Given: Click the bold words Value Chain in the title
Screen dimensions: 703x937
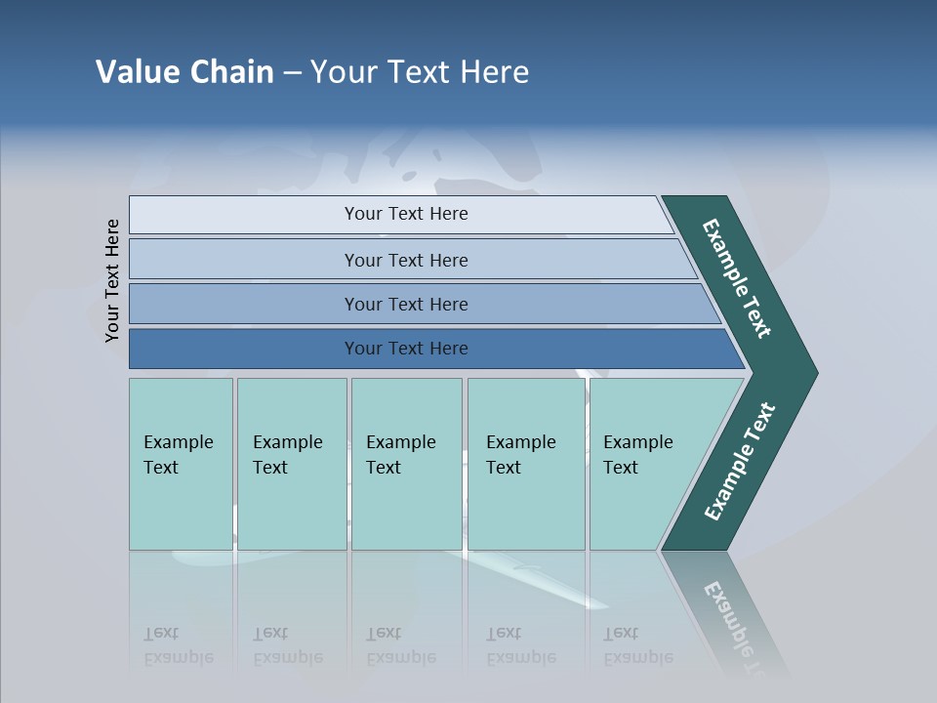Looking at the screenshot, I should click(184, 72).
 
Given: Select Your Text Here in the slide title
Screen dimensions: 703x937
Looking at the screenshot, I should click(420, 72).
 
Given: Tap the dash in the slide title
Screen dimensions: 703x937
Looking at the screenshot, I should click(292, 73).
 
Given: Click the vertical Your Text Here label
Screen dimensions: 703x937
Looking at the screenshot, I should click(113, 280).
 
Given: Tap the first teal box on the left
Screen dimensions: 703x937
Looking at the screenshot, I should click(181, 464).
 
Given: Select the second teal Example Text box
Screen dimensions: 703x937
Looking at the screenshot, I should click(291, 464).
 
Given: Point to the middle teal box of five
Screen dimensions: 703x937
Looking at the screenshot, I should click(406, 464).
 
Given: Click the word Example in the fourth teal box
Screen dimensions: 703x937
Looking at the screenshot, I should click(520, 442).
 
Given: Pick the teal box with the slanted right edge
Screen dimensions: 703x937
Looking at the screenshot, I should click(644, 464).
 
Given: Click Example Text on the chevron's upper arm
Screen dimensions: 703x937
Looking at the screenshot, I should click(737, 278).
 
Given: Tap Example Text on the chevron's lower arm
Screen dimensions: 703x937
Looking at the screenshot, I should click(740, 462).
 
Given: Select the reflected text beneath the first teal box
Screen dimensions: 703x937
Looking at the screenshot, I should click(178, 646).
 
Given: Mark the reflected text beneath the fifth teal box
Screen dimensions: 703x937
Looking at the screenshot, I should click(637, 646).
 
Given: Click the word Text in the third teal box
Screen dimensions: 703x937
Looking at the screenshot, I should click(384, 468).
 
